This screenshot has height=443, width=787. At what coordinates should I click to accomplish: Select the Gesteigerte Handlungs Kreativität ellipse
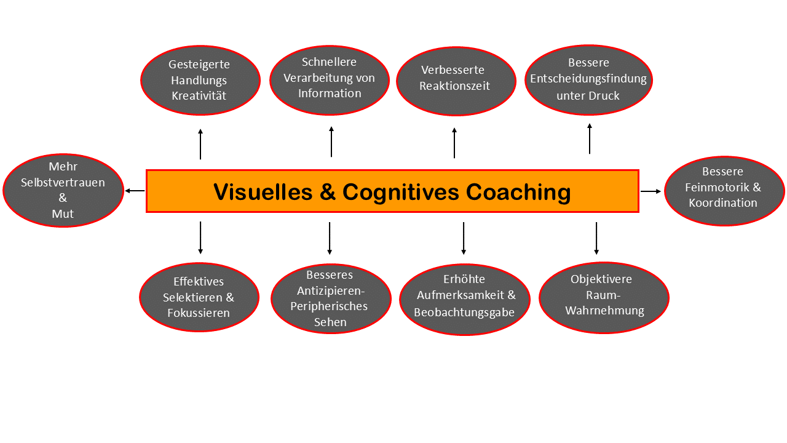coord(200,80)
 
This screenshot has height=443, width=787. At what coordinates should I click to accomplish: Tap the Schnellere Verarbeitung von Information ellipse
coord(330,80)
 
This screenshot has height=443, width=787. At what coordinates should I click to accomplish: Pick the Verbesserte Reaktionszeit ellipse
coord(455,81)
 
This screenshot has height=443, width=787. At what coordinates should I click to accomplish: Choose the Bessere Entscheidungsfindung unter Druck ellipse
coord(588,79)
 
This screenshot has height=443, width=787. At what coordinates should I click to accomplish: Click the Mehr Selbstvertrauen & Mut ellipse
coord(63,190)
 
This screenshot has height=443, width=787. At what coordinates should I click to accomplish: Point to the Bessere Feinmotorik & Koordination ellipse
coord(724,190)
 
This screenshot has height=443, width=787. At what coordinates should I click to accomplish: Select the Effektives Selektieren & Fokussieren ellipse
coord(199,297)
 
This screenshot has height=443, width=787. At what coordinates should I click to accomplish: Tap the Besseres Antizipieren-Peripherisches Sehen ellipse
coord(331,298)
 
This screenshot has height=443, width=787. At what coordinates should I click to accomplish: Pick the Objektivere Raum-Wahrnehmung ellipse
coord(603,298)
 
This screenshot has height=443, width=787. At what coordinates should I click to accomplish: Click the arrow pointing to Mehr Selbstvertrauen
coord(135,191)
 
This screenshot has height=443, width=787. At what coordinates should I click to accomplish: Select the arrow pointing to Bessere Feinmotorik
coord(651,191)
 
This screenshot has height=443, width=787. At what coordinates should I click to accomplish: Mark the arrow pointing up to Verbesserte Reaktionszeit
coord(454,143)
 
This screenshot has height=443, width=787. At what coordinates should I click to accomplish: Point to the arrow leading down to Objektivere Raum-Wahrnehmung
coord(596,238)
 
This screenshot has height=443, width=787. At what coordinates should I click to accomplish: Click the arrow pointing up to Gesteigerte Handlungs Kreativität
coord(200,144)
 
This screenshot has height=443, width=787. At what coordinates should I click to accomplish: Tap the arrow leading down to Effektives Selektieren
coord(200,238)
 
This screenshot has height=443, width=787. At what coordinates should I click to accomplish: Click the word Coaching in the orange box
coord(518,192)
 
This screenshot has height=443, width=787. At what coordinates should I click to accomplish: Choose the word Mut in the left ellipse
coord(63,214)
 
